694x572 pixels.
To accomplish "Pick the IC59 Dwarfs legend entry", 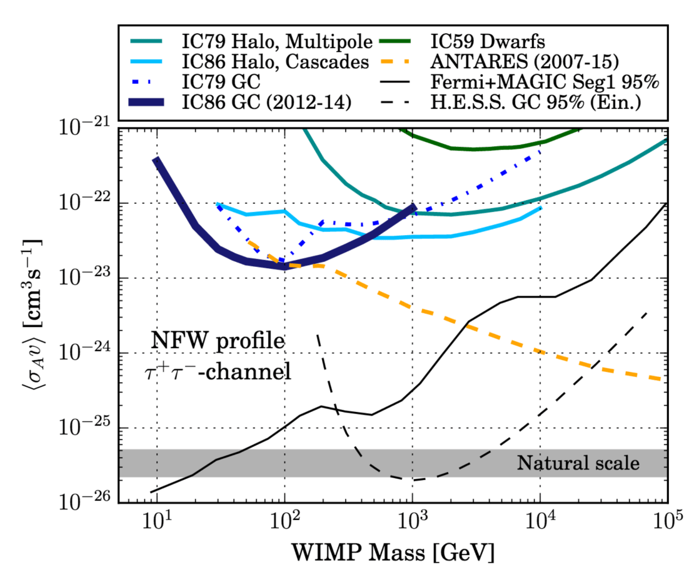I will click(488, 43).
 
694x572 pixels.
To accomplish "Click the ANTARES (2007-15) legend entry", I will click(518, 61).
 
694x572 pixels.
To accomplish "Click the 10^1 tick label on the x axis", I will click(157, 519).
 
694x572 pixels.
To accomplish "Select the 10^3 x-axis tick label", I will click(412, 519).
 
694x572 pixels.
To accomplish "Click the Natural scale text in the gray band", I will click(578, 463).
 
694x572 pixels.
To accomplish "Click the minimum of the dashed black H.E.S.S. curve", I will click(413, 479).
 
